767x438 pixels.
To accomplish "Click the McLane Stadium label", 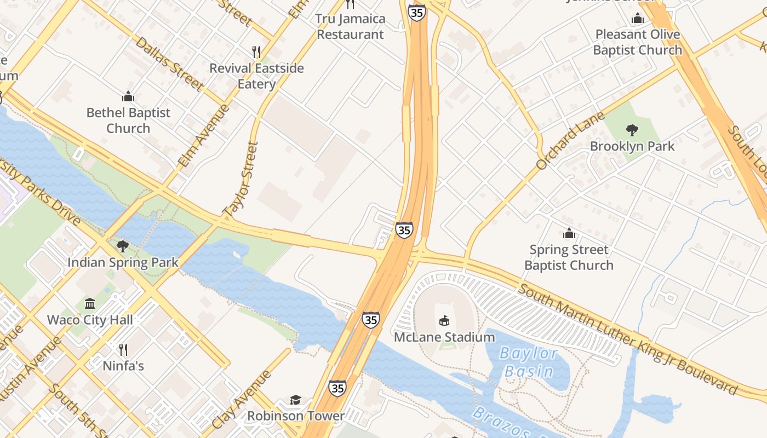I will click(444, 337).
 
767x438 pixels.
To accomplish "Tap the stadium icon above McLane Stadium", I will click(444, 320).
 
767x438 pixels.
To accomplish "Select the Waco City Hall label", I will click(90, 320).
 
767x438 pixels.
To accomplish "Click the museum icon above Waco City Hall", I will click(90, 303).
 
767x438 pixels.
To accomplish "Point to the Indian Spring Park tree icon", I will click(123, 246).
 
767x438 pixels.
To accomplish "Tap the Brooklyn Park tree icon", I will click(632, 130).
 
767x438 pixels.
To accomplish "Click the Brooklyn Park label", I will click(632, 147).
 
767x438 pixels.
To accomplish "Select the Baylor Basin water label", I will click(529, 362).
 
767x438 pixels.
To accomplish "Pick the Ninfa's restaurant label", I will click(123, 365).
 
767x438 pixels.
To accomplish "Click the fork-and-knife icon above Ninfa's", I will click(123, 349).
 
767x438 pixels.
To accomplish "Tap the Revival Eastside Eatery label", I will click(256, 76).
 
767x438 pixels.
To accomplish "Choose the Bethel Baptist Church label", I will click(128, 120).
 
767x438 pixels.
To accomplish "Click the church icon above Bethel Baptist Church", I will click(128, 97).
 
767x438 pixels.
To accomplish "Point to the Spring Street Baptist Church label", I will click(569, 257).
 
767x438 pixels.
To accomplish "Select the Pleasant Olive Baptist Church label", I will click(638, 42).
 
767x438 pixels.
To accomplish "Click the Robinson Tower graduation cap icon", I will click(296, 400).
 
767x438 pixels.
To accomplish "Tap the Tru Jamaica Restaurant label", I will click(351, 26).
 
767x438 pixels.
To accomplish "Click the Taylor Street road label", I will click(241, 178).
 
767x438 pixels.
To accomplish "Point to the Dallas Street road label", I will click(169, 64).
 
